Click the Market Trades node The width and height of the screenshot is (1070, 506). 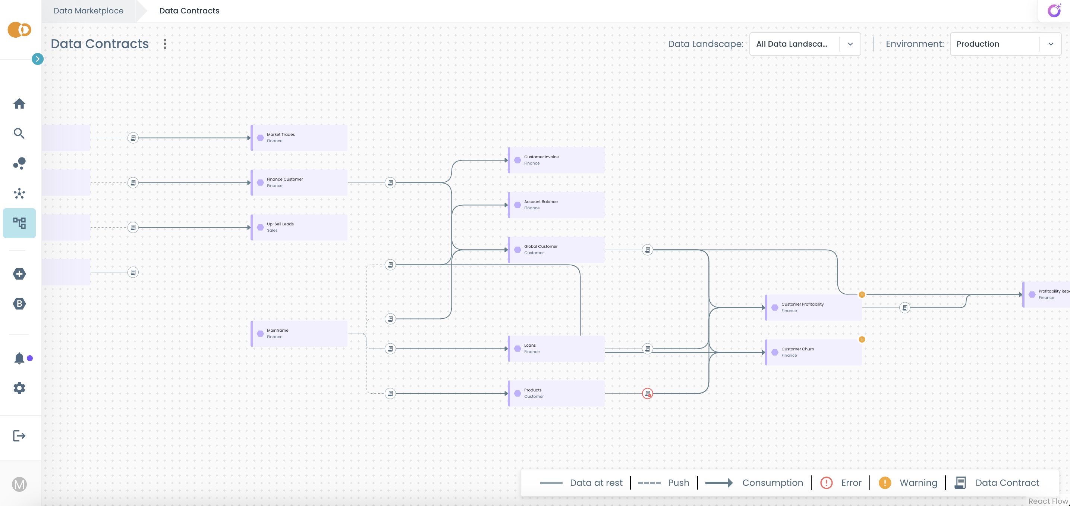pos(299,138)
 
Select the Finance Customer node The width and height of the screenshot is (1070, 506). pos(299,182)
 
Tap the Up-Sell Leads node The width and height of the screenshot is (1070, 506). pos(299,227)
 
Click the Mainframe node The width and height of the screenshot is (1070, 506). pos(299,334)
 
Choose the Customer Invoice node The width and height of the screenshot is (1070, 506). pos(556,160)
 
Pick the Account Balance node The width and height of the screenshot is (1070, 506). pos(556,205)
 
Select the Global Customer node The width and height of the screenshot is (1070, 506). pos(556,250)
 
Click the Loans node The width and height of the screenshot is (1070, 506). pos(556,349)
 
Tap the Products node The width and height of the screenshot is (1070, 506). pos(556,393)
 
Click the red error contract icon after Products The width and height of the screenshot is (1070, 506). pos(648,393)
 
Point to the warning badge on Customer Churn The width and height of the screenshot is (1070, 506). pos(862,339)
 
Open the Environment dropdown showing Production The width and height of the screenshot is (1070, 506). pos(1005,44)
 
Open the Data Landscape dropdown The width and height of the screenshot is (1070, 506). pos(805,44)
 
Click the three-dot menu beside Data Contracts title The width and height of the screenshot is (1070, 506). pos(165,44)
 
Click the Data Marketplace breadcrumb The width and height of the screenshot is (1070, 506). pos(88,11)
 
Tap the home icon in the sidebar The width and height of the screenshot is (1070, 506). pos(19,103)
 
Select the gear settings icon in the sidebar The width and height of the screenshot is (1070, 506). pos(19,388)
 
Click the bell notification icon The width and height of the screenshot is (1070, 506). pos(19,358)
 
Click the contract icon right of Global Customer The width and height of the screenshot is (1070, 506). pos(648,250)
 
